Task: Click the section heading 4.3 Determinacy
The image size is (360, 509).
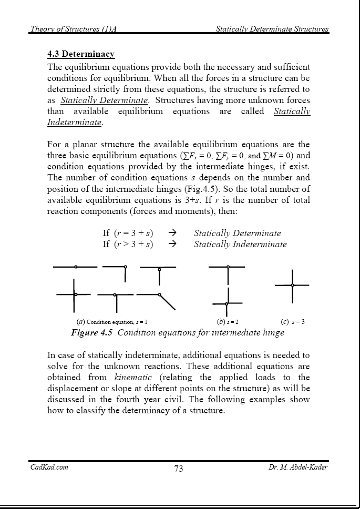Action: (81, 54)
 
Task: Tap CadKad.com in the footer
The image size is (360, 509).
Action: (48, 467)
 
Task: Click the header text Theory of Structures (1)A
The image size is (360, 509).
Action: (73, 29)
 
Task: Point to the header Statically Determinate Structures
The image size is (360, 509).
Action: (272, 29)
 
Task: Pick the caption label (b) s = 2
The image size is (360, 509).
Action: (228, 322)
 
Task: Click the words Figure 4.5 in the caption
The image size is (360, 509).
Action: (92, 332)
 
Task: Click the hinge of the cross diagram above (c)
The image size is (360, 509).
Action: (293, 285)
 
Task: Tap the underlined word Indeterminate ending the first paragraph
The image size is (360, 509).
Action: (73, 122)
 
